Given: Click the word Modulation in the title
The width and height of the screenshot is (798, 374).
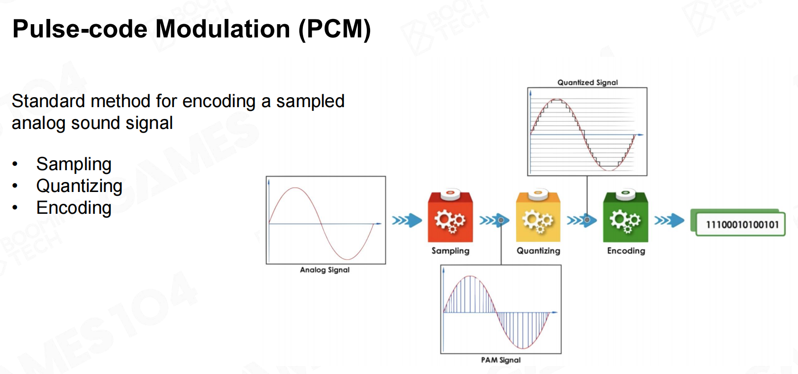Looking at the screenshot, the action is (x=223, y=28).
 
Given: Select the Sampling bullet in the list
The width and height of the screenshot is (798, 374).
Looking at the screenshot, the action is (x=74, y=164).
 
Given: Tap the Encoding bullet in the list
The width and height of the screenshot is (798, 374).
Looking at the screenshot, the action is (x=74, y=208).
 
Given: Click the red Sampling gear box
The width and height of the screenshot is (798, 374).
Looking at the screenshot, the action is (x=450, y=216).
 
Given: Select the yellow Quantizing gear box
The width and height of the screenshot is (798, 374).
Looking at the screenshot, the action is (x=538, y=216).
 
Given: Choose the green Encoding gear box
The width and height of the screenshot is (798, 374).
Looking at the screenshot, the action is (x=626, y=216).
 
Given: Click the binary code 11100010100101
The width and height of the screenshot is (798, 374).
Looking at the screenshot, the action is (x=742, y=225).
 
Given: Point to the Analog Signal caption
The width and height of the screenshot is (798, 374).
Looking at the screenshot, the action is (x=325, y=270).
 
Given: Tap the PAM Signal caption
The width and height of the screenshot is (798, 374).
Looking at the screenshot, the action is (x=500, y=360).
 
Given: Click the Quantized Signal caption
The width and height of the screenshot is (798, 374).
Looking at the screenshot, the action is (x=588, y=82).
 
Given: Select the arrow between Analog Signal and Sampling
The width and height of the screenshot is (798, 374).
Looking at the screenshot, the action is (x=407, y=220).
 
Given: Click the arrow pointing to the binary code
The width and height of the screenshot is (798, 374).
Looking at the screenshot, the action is (x=669, y=220).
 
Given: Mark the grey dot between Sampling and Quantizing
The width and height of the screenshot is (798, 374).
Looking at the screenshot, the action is (x=501, y=220).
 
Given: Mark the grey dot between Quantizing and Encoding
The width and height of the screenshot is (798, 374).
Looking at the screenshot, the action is (x=587, y=220).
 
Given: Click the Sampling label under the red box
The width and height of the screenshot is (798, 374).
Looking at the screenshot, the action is (x=450, y=251).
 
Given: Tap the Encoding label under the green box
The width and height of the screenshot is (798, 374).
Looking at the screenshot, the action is (x=626, y=251).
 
